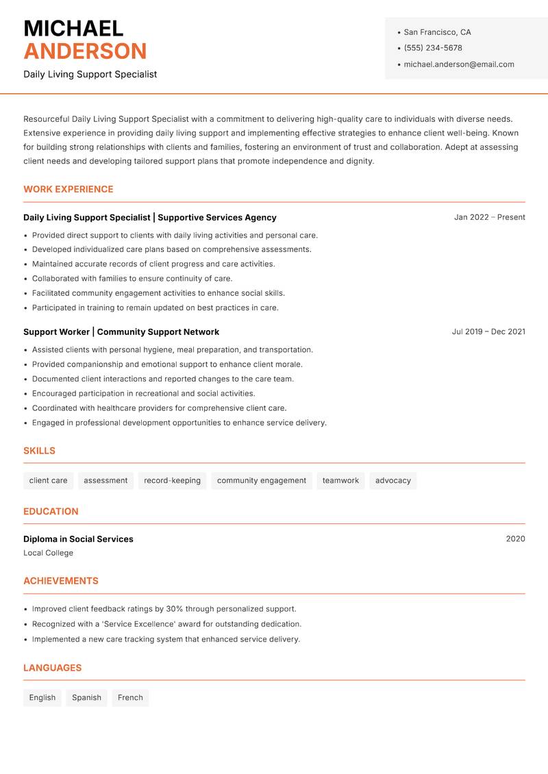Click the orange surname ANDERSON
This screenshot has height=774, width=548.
(85, 51)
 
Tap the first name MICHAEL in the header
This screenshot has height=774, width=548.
(73, 29)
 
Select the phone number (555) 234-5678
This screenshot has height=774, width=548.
(432, 48)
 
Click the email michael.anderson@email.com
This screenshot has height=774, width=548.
(458, 64)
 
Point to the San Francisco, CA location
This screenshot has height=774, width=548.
(437, 32)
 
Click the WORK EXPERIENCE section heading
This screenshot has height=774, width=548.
(68, 189)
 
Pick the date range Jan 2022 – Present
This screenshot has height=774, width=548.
(489, 217)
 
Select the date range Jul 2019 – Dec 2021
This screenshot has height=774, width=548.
(488, 332)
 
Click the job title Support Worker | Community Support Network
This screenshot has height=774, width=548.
(121, 332)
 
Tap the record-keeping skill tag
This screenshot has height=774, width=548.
(172, 481)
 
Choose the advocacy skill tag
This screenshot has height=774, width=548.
(393, 481)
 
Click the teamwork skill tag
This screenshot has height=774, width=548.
(340, 481)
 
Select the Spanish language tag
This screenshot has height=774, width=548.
(86, 698)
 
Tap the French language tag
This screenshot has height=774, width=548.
(130, 698)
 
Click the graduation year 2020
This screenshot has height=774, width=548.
(515, 539)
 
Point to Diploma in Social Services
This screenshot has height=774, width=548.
(78, 539)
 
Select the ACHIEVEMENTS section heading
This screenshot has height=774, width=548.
(61, 581)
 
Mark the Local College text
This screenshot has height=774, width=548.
(48, 553)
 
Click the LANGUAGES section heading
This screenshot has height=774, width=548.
(53, 668)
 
